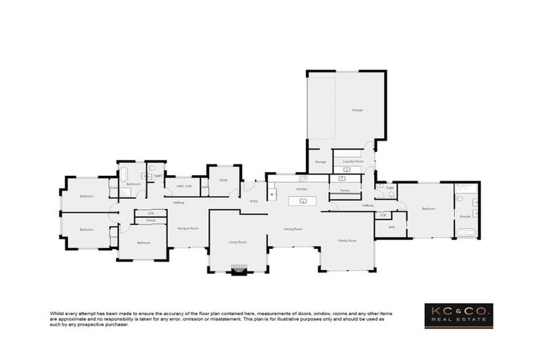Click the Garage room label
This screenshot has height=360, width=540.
357,110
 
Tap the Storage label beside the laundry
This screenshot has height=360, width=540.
320,162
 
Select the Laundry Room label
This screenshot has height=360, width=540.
353,162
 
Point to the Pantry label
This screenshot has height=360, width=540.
345,191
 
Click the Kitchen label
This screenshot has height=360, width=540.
302,189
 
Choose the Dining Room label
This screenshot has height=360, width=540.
292,229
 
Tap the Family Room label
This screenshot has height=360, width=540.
347,240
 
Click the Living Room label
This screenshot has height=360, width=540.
237,242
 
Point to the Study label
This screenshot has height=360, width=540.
223,180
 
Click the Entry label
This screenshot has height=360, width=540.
254,202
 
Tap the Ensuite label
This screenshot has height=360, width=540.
465,217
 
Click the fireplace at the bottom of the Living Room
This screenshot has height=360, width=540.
239,269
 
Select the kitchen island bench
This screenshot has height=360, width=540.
302,202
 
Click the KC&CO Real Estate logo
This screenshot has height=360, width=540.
458,315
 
